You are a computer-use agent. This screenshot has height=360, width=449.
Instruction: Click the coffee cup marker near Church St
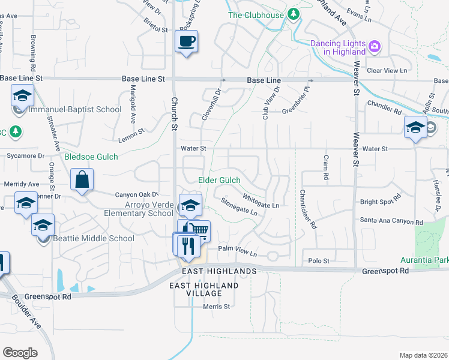click(x=186, y=42)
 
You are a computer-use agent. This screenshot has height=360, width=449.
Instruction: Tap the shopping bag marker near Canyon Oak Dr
click(x=82, y=180)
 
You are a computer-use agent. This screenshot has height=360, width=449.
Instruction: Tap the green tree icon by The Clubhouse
click(x=294, y=14)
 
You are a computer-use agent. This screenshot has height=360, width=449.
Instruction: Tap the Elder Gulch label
click(x=219, y=181)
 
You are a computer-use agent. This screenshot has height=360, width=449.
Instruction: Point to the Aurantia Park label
click(x=425, y=260)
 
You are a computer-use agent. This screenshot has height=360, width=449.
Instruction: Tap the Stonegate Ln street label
click(x=239, y=208)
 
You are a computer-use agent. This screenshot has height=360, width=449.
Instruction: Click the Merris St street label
click(x=216, y=307)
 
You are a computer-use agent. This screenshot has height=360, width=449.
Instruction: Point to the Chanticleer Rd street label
click(x=306, y=210)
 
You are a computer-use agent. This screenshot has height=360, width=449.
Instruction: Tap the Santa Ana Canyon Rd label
click(x=387, y=220)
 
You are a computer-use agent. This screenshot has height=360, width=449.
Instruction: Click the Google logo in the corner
click(x=20, y=352)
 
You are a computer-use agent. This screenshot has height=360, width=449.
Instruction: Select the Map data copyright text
click(x=423, y=355)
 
